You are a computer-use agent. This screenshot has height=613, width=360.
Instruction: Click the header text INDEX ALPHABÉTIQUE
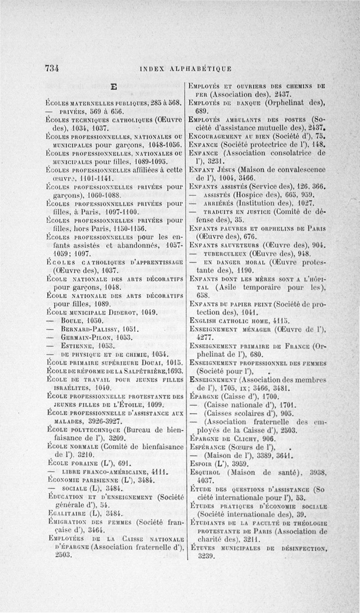point(186,69)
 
